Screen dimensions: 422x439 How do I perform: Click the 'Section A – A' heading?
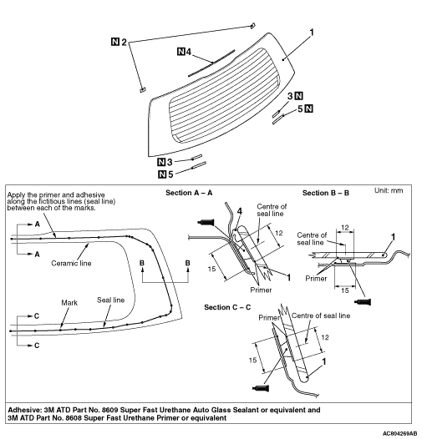tap(189, 193)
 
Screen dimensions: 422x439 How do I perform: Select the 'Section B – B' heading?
tap(326, 193)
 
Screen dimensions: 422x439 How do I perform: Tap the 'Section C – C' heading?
tap(227, 307)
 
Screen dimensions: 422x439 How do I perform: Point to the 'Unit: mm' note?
tap(389, 190)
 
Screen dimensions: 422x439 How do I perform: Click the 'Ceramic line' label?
tap(71, 263)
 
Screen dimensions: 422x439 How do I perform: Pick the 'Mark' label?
tap(69, 303)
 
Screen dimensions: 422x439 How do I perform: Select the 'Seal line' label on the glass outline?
tap(111, 300)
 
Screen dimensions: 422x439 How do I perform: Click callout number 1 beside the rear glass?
tap(312, 33)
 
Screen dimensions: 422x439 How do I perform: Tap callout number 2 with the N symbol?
tap(119, 43)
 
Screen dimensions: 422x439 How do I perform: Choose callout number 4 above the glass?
tap(185, 52)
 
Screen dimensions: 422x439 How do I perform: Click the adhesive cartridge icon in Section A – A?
tap(206, 223)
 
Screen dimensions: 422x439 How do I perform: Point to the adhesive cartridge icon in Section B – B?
tap(363, 302)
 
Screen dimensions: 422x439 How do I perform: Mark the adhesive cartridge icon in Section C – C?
tap(261, 388)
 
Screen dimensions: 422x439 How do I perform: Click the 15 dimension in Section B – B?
tap(344, 290)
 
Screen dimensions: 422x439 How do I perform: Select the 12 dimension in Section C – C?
tap(325, 338)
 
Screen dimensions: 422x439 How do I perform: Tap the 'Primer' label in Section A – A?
tap(261, 290)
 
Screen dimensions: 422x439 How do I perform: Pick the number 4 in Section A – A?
tap(239, 212)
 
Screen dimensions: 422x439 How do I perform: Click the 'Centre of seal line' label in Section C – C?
tap(321, 315)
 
